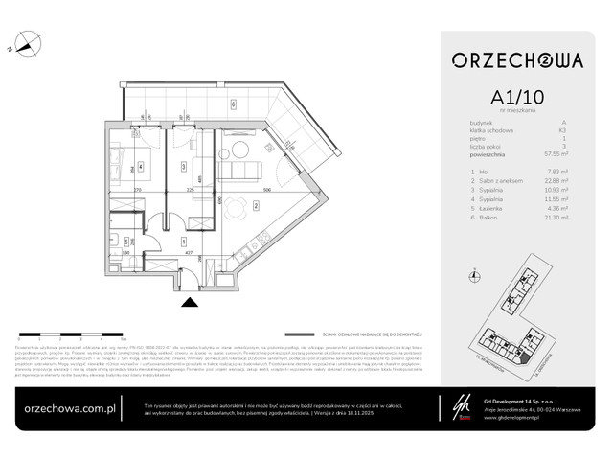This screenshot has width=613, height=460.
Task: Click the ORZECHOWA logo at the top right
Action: [x=518, y=62]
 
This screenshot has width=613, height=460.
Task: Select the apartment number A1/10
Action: [x=518, y=98]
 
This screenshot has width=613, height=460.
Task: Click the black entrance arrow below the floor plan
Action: [x=190, y=302]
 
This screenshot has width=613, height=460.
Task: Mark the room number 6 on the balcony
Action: [x=233, y=103]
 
